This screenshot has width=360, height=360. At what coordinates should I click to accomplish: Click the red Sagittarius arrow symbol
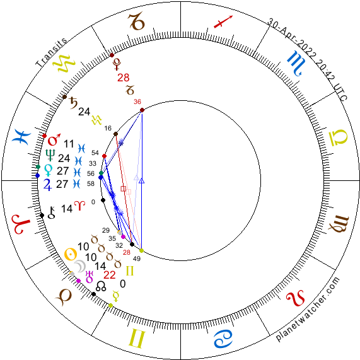point(223,21)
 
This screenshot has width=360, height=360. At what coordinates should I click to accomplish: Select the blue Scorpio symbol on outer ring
point(296,63)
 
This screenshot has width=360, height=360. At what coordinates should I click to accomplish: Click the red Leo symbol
point(296,298)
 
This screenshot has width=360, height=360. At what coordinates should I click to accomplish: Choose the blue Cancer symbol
point(223,339)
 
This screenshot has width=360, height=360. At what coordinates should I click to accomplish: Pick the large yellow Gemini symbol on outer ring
point(137,339)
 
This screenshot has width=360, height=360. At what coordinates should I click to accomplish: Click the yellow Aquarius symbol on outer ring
point(64,64)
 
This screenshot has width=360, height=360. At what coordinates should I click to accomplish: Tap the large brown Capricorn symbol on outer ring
point(137,22)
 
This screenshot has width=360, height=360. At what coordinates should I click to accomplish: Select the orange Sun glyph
point(71,254)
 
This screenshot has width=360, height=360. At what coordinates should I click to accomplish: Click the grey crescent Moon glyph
point(81,266)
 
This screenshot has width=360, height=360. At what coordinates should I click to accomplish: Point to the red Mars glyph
point(54,139)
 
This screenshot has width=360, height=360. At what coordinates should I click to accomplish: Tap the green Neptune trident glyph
point(50,155)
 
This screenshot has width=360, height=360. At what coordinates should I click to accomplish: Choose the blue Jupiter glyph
point(47,185)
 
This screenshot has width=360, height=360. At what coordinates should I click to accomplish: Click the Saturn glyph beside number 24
point(74,103)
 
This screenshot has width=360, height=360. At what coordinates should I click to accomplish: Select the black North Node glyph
point(101,286)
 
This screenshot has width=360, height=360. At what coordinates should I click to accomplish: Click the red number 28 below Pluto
point(124,78)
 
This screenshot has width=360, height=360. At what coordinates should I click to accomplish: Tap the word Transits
point(52,52)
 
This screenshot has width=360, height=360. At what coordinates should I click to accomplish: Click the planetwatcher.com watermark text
point(308,309)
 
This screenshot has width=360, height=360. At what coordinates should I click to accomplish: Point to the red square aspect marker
point(124,189)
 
